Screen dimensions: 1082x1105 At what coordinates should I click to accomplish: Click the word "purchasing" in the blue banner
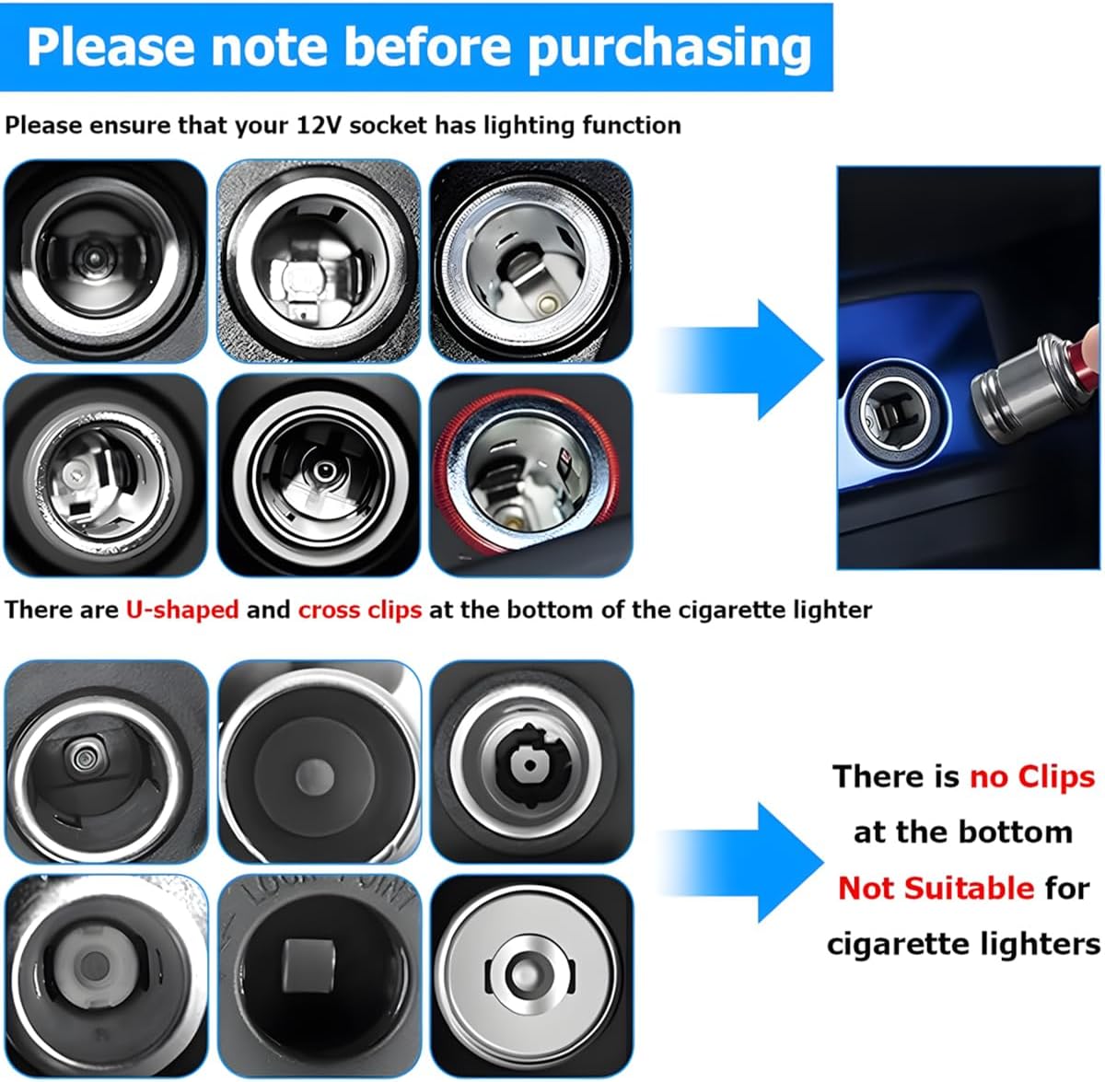click(669, 48)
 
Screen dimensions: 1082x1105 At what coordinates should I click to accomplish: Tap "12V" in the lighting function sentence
click(319, 125)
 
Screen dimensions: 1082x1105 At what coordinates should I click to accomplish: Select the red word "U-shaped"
click(181, 610)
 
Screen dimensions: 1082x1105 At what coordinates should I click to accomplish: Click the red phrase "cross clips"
click(359, 610)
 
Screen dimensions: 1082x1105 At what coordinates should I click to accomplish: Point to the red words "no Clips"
click(1031, 776)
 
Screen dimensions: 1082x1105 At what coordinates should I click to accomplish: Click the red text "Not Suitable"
click(936, 888)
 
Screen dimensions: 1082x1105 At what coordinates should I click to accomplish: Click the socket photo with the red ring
click(531, 474)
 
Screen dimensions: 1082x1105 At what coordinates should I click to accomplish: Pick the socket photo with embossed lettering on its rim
click(319, 975)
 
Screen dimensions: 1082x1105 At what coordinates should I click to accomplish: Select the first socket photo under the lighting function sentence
click(105, 261)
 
